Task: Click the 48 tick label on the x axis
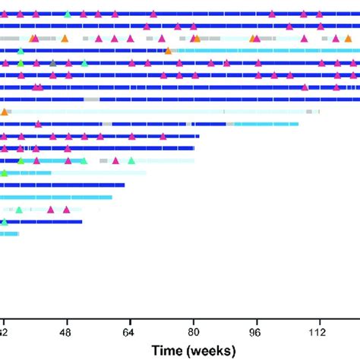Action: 67,332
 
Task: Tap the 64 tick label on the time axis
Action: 130,332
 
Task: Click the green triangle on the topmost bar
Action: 68,14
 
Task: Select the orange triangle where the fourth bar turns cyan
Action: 168,51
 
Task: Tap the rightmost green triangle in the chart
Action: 131,160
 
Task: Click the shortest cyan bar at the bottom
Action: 9,234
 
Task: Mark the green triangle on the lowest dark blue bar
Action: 5,222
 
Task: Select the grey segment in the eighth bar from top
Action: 91,99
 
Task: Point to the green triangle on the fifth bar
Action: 84,63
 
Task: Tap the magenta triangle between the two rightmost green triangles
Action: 115,160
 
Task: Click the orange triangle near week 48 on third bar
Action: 65,39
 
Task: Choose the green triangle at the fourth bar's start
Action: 21,51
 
